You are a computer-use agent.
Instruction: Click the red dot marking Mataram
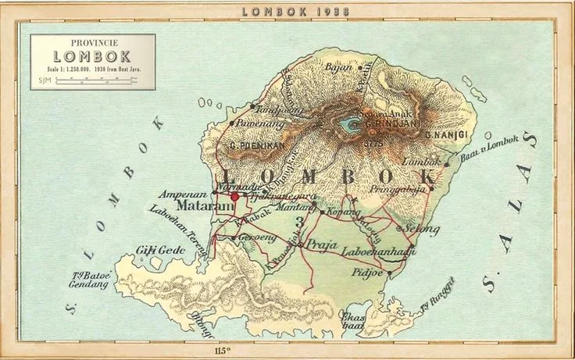point(234,198)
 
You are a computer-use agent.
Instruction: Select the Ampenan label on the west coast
point(183,193)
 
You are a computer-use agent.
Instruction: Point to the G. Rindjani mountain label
point(395,123)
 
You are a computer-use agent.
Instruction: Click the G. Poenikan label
point(254,145)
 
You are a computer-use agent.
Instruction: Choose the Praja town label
point(321,244)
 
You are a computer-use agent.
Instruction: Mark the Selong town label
point(422,228)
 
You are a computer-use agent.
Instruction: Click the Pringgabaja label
point(404,188)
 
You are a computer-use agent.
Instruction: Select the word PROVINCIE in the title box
point(92,43)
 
